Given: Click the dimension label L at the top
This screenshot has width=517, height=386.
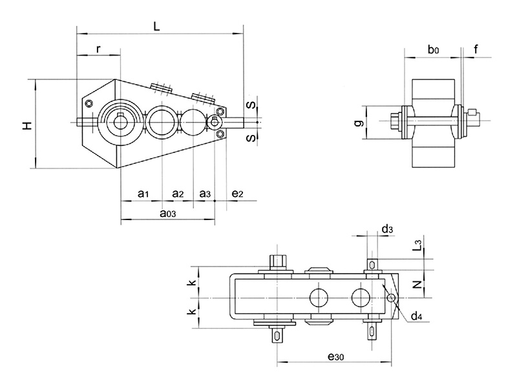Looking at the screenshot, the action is (156, 26).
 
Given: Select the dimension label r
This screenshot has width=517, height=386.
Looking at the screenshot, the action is (98, 49).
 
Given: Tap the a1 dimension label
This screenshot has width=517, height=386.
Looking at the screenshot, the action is (143, 194).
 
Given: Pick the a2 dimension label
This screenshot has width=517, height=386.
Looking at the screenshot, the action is (178, 194).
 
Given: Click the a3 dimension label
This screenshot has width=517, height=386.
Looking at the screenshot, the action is (205, 194).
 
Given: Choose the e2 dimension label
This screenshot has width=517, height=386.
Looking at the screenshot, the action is (237, 194).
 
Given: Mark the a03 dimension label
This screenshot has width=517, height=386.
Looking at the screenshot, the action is (168, 214).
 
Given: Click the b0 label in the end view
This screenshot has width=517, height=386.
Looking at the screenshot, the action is (433, 50).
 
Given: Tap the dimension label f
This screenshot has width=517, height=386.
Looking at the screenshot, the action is (476, 49).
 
